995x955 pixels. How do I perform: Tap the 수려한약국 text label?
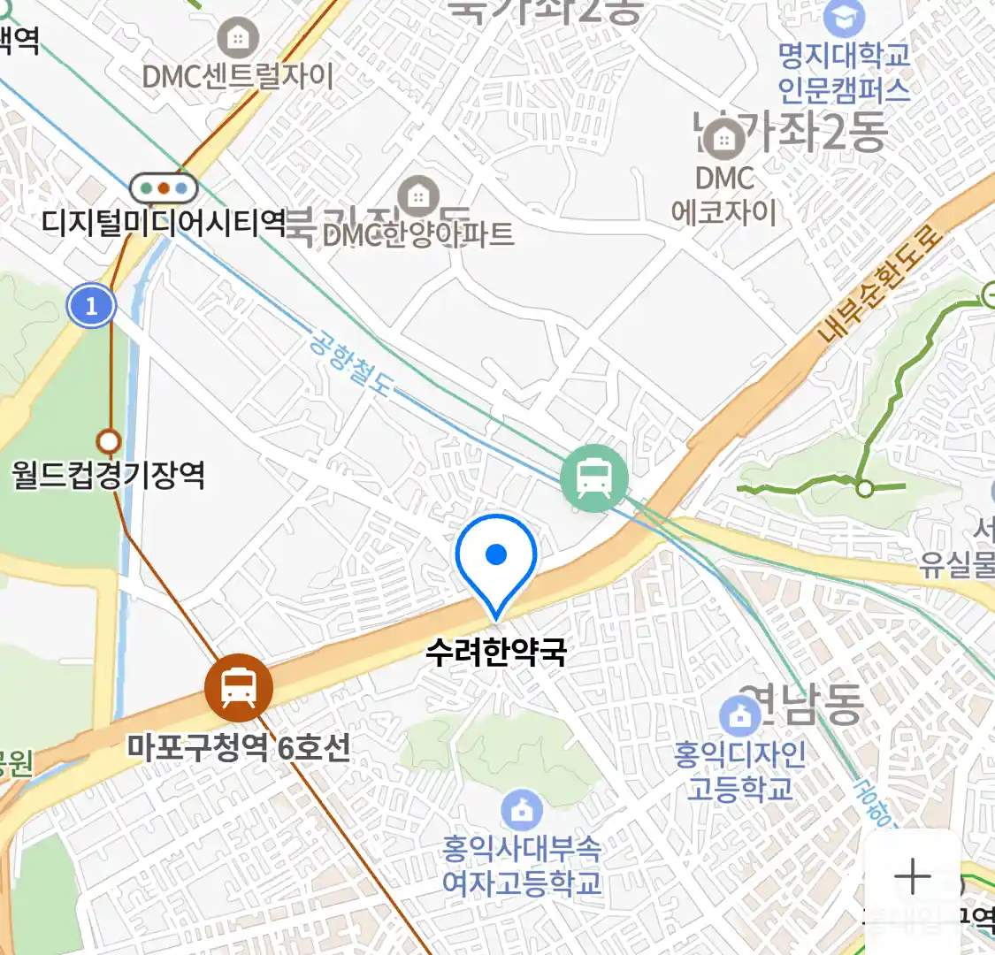(495, 653)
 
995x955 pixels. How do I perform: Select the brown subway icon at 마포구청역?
(239, 687)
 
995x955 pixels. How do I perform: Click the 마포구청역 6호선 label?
(239, 748)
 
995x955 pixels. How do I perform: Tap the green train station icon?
(594, 478)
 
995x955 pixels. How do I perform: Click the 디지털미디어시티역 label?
(165, 221)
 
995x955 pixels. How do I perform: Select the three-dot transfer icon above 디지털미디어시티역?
(164, 187)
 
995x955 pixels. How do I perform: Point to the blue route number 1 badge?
(91, 307)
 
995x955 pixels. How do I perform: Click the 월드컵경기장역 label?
(108, 475)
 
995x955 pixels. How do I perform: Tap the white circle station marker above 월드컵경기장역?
(109, 439)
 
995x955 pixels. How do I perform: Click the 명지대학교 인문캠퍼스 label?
(844, 73)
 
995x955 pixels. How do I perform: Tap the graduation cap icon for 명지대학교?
(844, 17)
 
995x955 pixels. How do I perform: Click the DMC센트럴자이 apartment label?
(238, 76)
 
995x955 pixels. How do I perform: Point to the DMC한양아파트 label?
(418, 233)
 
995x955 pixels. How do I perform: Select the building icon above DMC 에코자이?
(724, 139)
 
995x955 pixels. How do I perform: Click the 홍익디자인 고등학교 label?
(740, 770)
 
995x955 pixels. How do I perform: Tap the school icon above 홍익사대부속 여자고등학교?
(522, 809)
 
